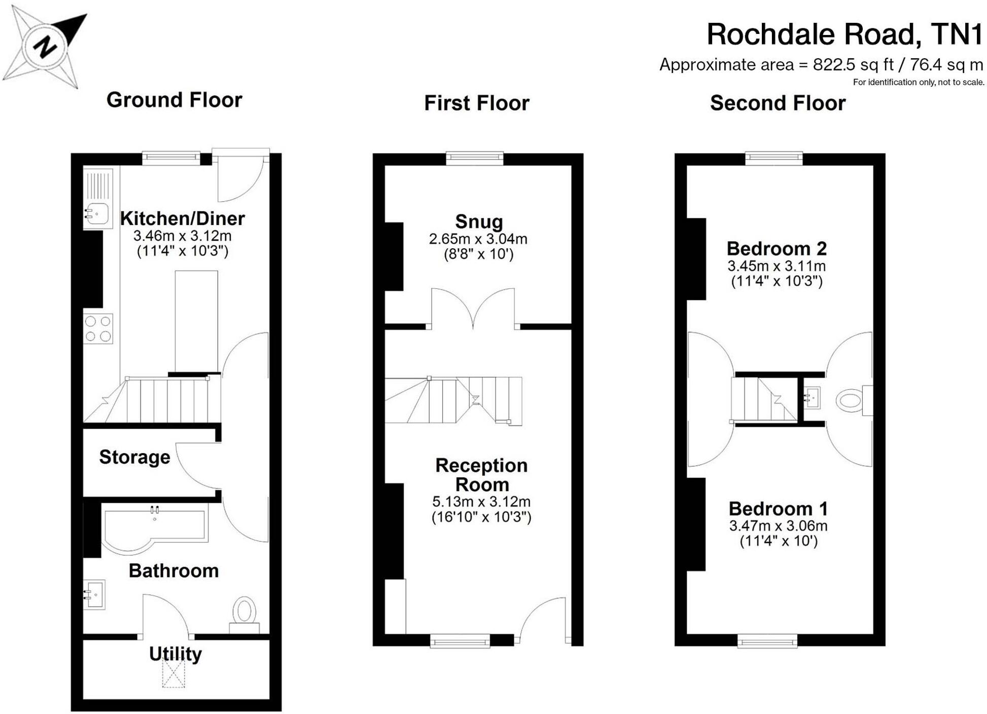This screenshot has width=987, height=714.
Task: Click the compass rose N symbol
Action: pos(45,47)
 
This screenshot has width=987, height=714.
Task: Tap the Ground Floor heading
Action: pos(174,100)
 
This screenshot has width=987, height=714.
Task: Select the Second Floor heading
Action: pos(777,103)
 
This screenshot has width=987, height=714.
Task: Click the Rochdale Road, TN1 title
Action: pos(844,34)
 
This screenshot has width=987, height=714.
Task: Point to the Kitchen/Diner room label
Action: pos(182,218)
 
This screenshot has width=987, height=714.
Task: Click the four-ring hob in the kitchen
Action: pos(98,329)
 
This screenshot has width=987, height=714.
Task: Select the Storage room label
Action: pos(134,457)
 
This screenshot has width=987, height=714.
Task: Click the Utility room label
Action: pos(175,654)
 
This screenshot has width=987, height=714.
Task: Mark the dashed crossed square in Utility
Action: pos(173,673)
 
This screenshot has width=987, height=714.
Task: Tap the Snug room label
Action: pos(479,221)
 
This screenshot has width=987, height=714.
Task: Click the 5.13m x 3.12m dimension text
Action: pos(481,502)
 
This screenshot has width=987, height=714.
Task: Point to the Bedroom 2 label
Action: pos(777,248)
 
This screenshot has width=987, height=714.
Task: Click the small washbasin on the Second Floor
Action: pos(812,398)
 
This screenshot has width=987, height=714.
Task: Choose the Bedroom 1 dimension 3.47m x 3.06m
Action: pos(778,525)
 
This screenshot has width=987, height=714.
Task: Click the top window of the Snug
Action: pos(475,158)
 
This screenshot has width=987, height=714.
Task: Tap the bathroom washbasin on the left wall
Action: pos(95,594)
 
